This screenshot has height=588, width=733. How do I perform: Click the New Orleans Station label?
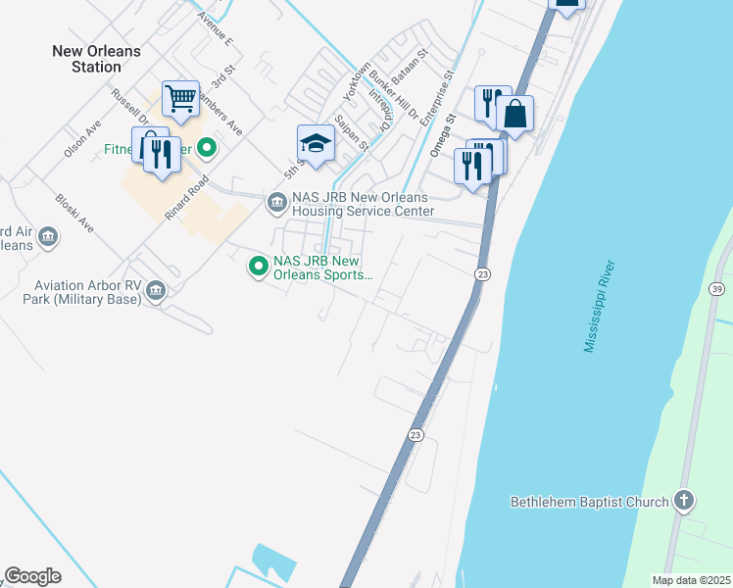[x=96, y=59]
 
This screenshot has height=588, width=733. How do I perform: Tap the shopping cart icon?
[x=180, y=98]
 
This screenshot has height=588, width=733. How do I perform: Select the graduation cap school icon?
[x=316, y=144]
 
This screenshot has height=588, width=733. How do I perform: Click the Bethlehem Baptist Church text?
[x=589, y=503]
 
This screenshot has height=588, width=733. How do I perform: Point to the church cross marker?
[x=685, y=502]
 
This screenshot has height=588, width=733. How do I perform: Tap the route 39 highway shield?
[x=717, y=288]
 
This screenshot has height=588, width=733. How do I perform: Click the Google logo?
[x=32, y=576]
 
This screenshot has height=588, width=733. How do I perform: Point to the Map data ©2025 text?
[x=691, y=580]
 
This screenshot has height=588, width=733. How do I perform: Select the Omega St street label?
[x=450, y=129]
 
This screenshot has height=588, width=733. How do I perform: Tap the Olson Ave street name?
[x=82, y=139]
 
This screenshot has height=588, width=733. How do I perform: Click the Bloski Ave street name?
[x=74, y=212]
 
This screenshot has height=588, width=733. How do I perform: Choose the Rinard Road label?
[x=189, y=198]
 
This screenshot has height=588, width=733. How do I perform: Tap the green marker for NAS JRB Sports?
[x=259, y=266]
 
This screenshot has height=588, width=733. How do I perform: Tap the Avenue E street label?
[x=215, y=29]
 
